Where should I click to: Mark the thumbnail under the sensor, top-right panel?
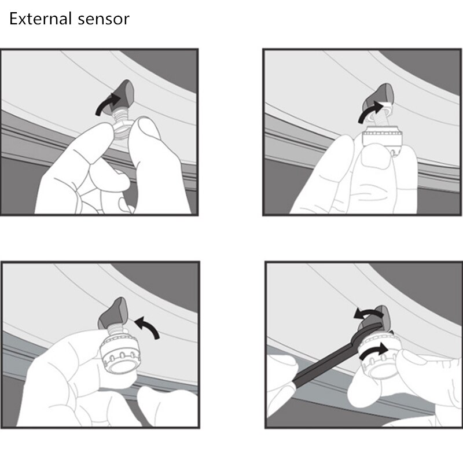pyautogui.click(x=377, y=160)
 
